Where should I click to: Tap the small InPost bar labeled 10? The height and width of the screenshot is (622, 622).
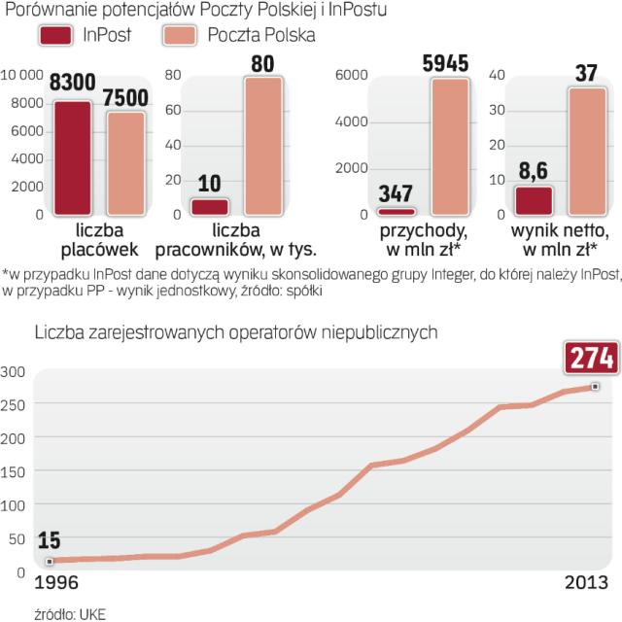tap(208, 206)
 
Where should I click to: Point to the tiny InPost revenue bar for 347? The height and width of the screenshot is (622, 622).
tap(396, 210)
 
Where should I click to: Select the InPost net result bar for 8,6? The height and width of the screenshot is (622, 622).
tap(535, 199)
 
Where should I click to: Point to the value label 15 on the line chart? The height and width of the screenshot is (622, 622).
tap(50, 541)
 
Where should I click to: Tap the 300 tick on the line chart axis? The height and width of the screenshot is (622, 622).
tap(13, 371)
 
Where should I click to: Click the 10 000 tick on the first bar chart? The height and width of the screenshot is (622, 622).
tap(22, 76)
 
